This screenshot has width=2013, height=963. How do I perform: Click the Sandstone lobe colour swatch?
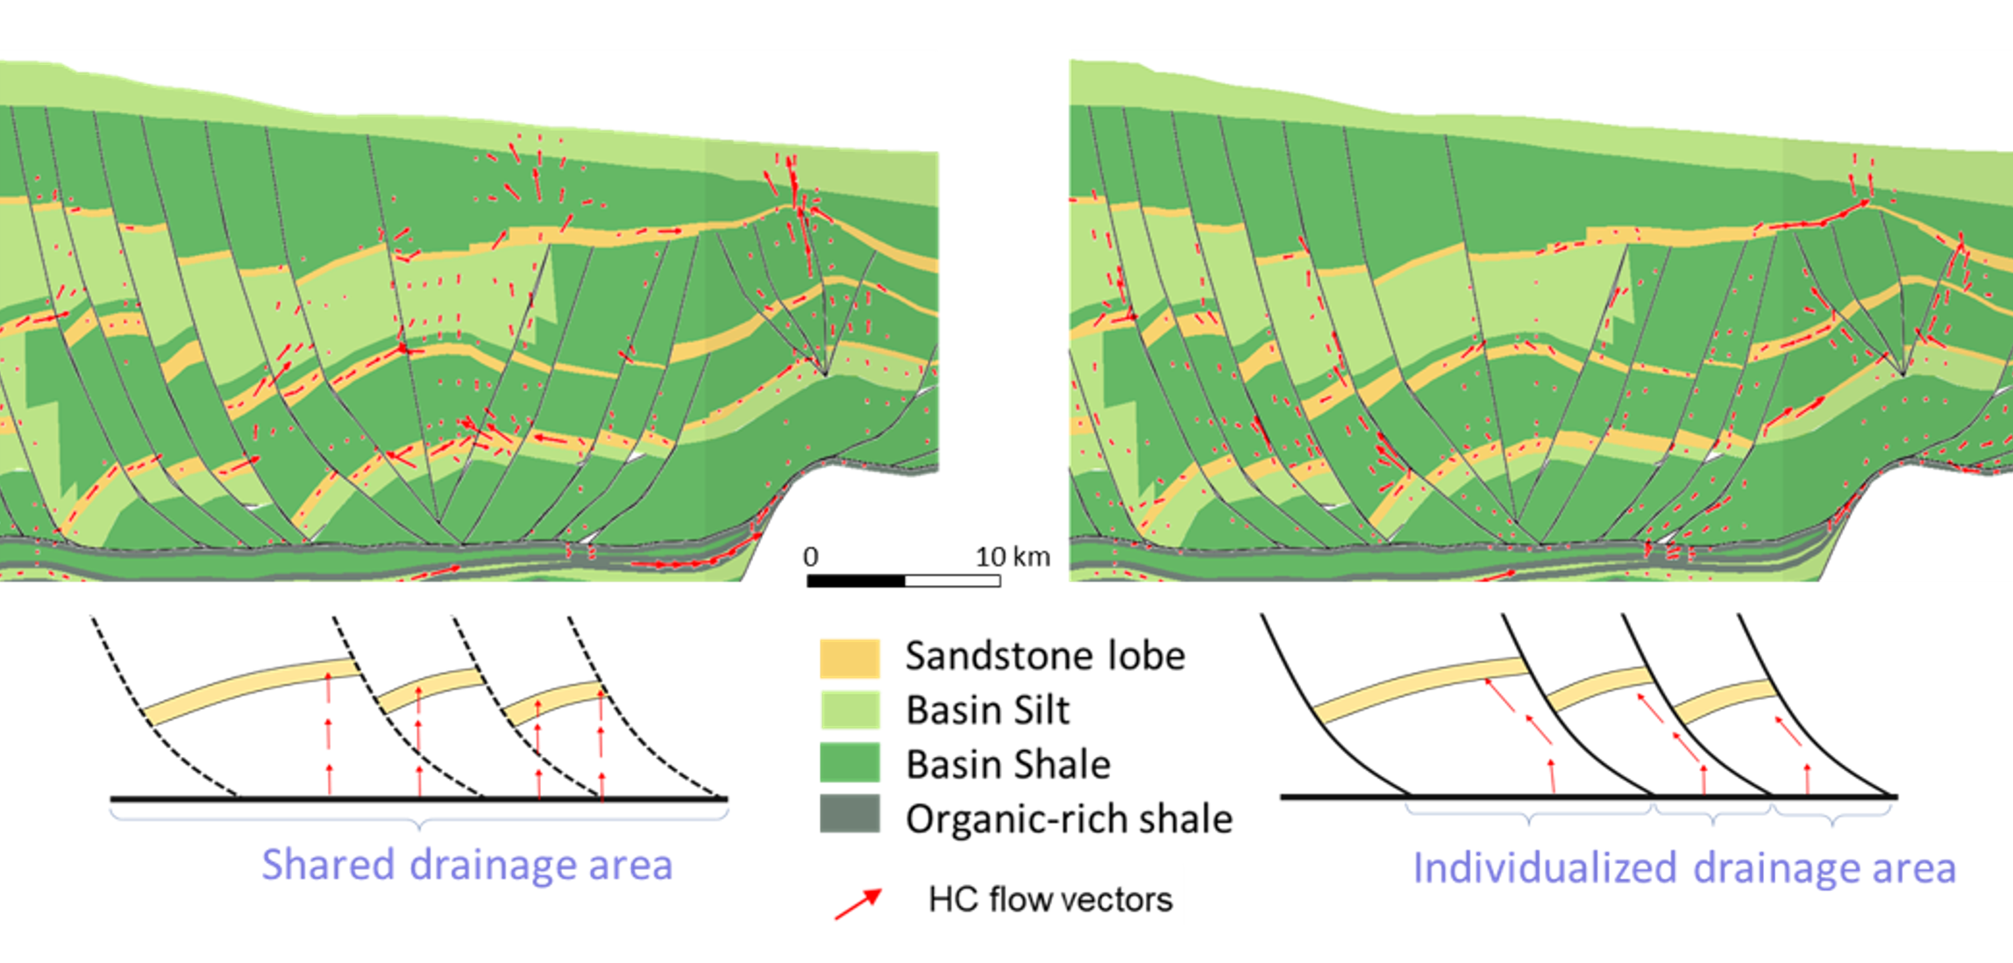pos(849,658)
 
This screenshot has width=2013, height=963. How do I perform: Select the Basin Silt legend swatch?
pos(849,710)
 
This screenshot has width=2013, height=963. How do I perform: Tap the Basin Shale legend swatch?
pos(849,763)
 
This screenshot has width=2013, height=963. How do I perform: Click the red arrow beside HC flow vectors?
pos(858,903)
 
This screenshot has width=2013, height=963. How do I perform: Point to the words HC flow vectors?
pos(1049,900)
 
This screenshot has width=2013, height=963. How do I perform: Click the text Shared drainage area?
pos(466,865)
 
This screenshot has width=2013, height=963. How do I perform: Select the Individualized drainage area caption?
pos(1683,868)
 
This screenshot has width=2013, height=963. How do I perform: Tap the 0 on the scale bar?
pos(811,557)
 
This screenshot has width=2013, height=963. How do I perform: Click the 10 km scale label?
pos(1013,557)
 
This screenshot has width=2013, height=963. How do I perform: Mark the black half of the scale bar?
pos(856,581)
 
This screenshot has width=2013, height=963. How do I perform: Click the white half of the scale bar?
pos(952,581)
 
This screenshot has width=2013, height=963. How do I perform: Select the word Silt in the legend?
pos(1041,710)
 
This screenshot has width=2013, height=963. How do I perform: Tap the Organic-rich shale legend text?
pos(1069,819)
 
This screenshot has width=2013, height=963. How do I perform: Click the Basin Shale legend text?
pos(1007,765)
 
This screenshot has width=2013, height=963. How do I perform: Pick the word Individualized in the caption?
pos(1545,868)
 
